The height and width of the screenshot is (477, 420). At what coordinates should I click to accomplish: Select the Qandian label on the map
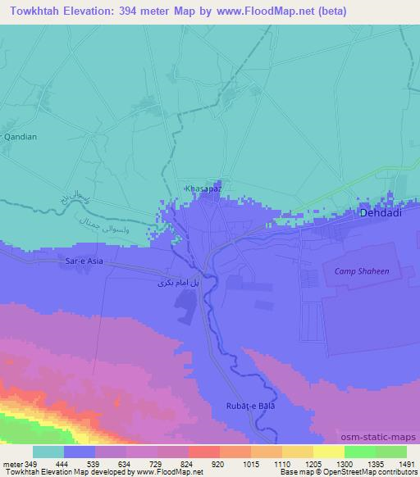(21, 138)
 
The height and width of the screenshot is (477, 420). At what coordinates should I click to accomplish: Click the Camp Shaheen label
(361, 270)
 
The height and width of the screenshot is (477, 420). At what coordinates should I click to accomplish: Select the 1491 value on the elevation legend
(406, 464)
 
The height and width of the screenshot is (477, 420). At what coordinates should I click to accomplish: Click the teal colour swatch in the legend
(48, 452)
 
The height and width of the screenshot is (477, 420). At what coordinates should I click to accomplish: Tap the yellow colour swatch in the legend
(329, 452)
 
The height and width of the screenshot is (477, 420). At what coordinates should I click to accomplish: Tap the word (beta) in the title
(330, 11)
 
